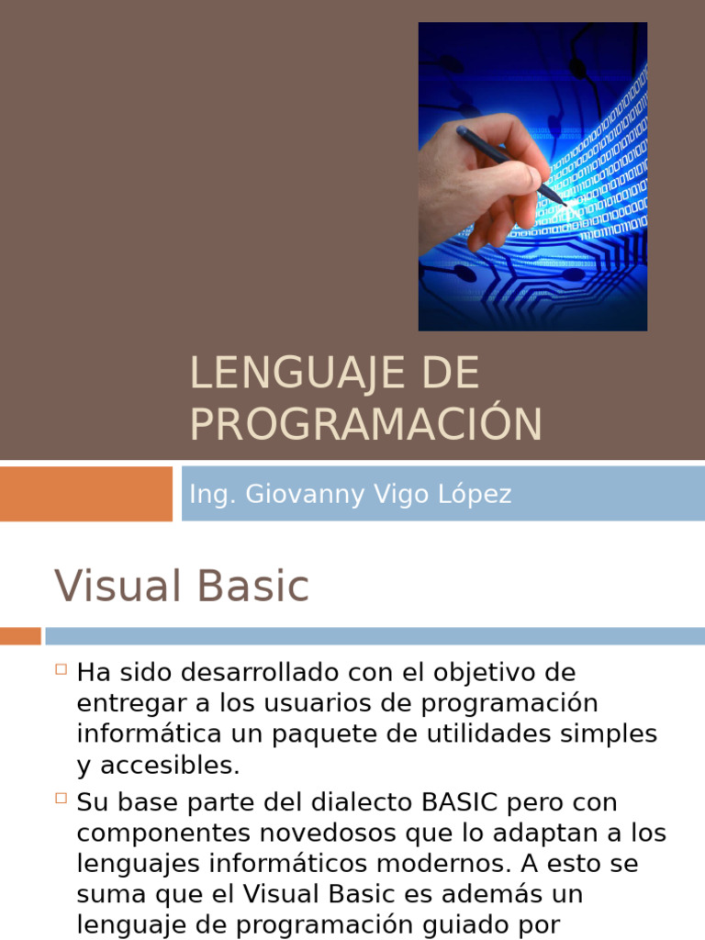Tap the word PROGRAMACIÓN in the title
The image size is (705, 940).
(365, 424)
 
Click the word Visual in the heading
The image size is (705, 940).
(114, 586)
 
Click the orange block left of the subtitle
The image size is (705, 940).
(85, 494)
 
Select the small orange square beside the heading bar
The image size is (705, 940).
(20, 635)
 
